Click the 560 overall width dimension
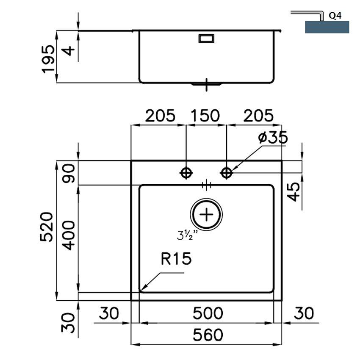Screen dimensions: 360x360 coord(207,335)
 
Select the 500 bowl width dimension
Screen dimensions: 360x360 coord(207,313)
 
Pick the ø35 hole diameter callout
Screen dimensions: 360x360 coord(272,138)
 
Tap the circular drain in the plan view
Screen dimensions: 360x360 coord(207,215)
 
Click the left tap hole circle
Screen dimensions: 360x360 coord(186,172)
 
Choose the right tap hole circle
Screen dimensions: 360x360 coord(227,172)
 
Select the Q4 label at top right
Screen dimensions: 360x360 coord(335,16)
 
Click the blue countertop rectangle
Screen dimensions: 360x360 coord(327,27)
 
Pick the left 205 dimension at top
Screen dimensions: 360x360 coord(160,116)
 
